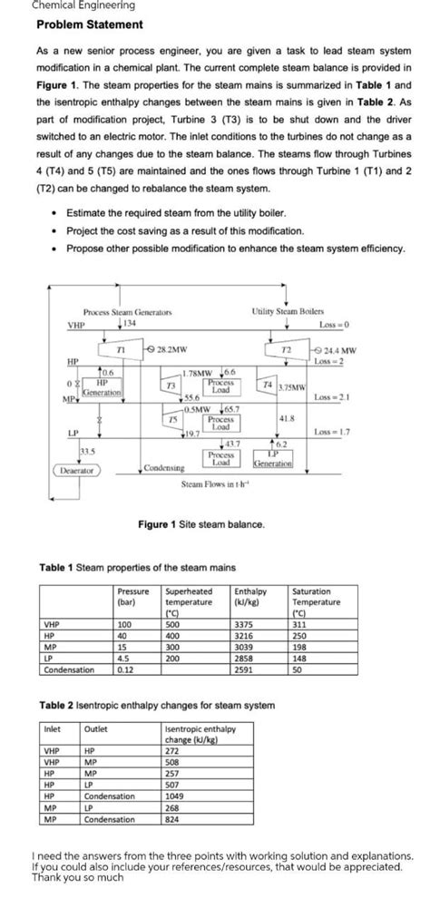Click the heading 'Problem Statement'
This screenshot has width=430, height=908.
coord(76,24)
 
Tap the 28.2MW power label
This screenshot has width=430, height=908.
coord(171,349)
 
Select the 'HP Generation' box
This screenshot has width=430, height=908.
coord(95,386)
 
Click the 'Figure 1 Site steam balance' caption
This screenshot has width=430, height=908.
coord(200,525)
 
